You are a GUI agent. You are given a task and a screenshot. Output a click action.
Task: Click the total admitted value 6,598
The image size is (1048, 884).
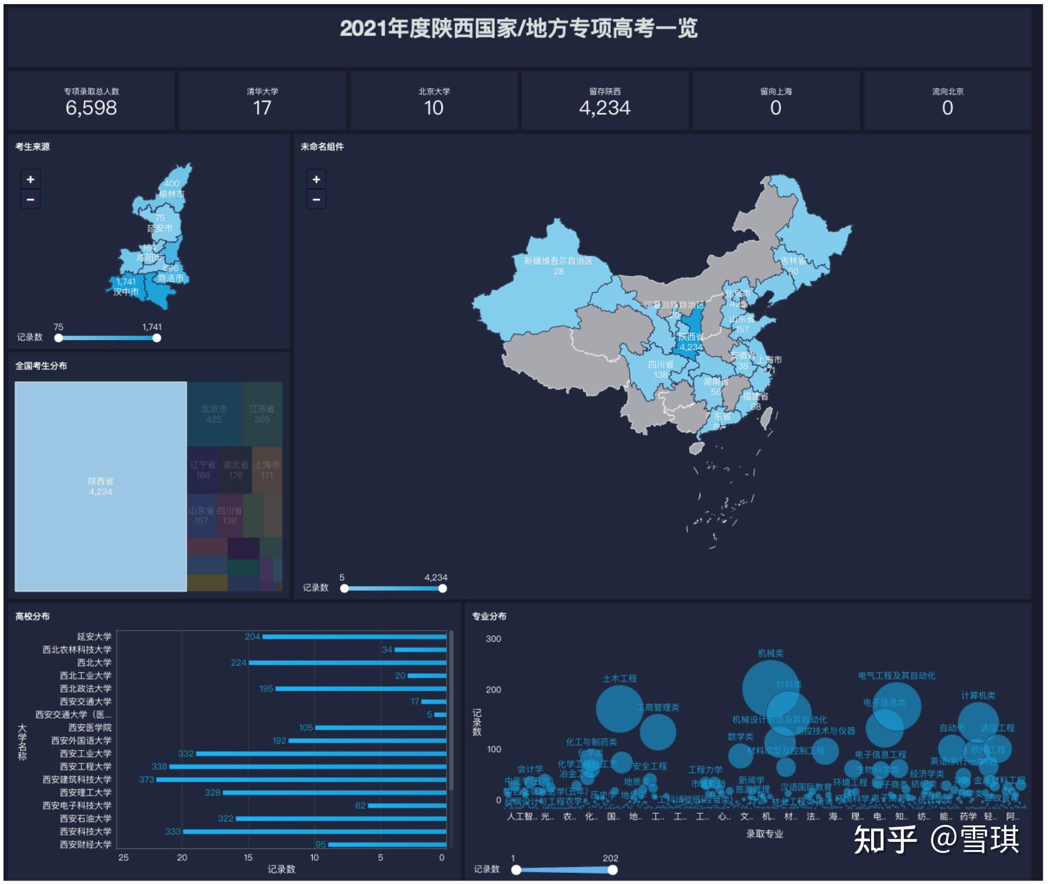click(91, 108)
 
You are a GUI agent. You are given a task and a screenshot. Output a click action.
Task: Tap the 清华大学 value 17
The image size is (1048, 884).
click(262, 108)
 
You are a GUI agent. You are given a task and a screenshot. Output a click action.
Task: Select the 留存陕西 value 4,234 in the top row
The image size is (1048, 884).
click(605, 108)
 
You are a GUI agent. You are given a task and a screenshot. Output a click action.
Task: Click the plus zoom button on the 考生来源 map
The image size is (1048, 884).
click(30, 179)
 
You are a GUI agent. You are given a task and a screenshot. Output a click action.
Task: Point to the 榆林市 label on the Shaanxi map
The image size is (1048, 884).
click(172, 194)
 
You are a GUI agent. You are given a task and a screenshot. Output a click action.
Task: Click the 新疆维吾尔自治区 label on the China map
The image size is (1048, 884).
click(558, 261)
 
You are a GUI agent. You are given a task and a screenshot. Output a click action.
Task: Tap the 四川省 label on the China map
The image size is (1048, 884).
click(660, 364)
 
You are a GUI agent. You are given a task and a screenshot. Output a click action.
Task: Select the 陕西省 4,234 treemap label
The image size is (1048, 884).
click(101, 486)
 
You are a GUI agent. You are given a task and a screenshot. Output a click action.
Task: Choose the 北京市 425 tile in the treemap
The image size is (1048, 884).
click(214, 414)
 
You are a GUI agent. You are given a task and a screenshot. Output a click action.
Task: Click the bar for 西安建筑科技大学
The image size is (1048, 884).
click(301, 780)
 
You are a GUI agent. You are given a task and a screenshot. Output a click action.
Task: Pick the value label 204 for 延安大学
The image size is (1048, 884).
click(252, 636)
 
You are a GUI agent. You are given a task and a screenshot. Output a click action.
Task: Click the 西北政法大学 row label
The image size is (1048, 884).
click(85, 688)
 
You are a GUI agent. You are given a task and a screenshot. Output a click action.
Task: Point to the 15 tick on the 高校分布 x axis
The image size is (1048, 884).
click(248, 858)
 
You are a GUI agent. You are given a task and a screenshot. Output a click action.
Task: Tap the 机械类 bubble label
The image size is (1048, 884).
click(770, 653)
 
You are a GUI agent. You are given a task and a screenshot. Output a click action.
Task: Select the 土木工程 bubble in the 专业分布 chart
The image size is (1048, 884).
click(619, 708)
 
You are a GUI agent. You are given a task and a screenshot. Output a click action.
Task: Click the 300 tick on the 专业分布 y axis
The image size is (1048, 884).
click(494, 639)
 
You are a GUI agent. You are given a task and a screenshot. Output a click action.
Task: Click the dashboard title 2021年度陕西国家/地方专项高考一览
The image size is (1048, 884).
click(519, 28)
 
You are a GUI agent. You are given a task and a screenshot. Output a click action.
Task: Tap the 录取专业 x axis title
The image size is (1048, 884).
click(764, 834)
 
